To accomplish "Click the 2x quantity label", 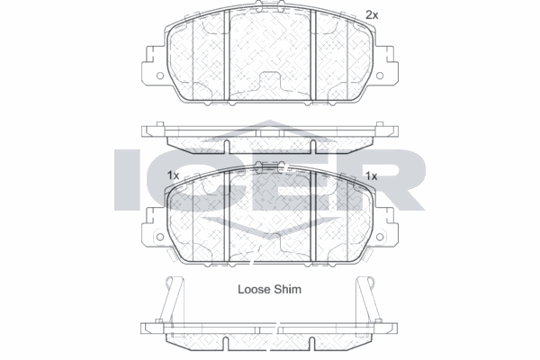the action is click(372, 15).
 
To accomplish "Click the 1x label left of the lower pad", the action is click(173, 175).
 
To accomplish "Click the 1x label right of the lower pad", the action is click(371, 176).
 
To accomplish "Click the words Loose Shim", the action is click(269, 290).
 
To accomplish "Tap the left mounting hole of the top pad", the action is click(160, 76).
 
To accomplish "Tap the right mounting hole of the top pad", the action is click(380, 76).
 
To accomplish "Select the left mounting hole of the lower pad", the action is click(160, 237).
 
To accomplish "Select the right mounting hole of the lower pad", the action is click(380, 237).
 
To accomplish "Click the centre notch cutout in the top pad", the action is click(270, 82).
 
